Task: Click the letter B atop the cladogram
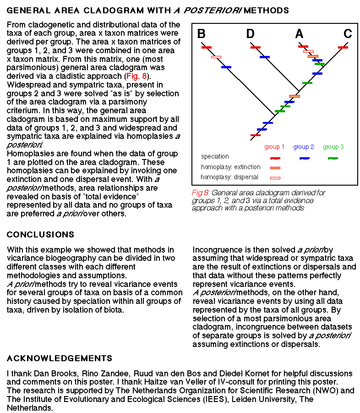tap(202, 34)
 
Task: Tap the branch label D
tap(250, 34)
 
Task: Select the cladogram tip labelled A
tap(299, 34)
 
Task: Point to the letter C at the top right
tap(348, 34)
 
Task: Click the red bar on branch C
tap(343, 47)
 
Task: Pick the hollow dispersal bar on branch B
tap(216, 57)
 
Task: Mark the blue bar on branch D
tap(265, 57)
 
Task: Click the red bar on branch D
tap(255, 47)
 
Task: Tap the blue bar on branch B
tap(226, 67)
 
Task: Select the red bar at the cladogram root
tap(256, 135)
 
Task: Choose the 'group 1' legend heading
tap(274, 147)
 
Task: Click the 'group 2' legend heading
tap(304, 147)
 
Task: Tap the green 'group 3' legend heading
tap(333, 147)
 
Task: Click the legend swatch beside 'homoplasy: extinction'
tap(275, 168)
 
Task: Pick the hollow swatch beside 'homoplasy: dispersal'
tap(275, 177)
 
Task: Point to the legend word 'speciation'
tap(215, 157)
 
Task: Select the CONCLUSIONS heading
tap(40, 235)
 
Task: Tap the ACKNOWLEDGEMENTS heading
tap(59, 358)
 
